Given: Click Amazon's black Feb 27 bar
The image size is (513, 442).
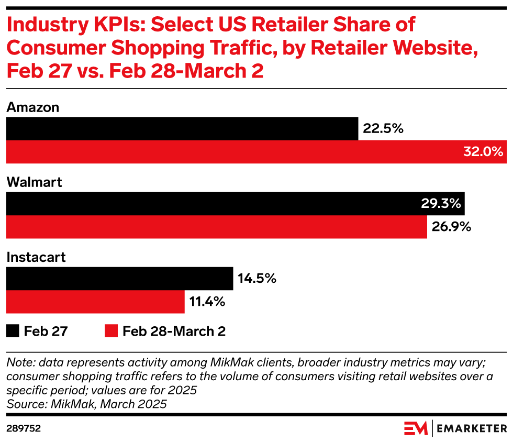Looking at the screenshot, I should tap(182, 129).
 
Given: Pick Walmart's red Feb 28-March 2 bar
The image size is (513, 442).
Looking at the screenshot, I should tap(216, 227).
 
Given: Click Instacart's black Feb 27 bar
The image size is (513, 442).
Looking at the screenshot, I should tap(119, 279).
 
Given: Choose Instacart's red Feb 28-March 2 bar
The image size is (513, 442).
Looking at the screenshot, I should tap(95, 302).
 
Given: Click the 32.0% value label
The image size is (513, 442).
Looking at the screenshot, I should tap(483, 152).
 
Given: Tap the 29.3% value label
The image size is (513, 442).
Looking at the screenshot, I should tap(440, 204).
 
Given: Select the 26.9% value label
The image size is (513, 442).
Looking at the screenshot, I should tap(452, 227).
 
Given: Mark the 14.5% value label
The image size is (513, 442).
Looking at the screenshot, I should tap(256, 279).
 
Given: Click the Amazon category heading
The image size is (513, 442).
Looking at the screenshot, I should tap(32, 107).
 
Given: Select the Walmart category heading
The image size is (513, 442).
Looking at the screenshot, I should tap(34, 182).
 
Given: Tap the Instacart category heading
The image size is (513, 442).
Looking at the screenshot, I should tap(36, 257).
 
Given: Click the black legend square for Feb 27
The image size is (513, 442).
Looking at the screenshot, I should tap(13, 331).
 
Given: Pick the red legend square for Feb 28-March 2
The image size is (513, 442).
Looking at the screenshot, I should tap(111, 331).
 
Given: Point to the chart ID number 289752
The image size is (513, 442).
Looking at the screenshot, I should tap(24, 428).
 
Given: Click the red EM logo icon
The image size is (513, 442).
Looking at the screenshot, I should tap(416, 428).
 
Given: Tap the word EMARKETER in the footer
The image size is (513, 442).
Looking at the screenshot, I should tap(472, 428).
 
